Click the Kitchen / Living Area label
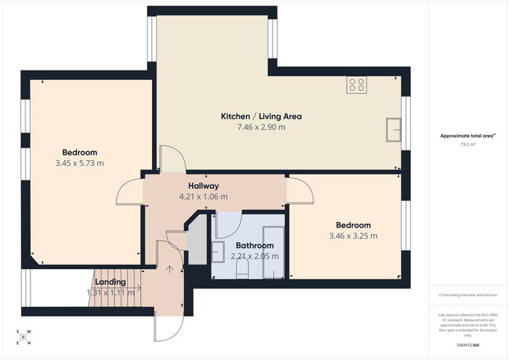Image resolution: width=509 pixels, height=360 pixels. [261, 116]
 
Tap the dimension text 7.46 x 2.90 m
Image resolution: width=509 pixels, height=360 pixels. [261, 127]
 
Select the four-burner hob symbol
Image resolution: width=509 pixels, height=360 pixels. [356, 84]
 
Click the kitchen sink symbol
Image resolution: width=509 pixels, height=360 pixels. [393, 130]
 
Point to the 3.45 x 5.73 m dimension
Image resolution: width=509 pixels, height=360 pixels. [79, 163]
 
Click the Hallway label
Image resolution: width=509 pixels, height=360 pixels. [204, 186]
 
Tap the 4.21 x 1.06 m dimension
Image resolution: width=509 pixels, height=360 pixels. [204, 196]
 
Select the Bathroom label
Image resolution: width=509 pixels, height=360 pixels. [254, 245]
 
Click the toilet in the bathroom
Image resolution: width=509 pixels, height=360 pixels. [242, 270]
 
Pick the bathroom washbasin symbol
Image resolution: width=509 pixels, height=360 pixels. [218, 252]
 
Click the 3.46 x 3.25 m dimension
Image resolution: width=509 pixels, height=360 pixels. [353, 236]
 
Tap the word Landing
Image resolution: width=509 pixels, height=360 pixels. [111, 281]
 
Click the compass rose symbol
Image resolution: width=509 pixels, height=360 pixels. [23, 337]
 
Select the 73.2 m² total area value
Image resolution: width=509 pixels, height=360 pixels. [468, 145]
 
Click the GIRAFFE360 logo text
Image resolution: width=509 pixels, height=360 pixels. [468, 345]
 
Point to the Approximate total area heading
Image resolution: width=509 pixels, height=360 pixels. [468, 136]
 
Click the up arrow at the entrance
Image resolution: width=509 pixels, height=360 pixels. [169, 269]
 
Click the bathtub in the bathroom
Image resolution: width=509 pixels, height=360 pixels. [273, 252]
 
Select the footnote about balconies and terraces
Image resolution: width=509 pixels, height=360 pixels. [468, 295]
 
